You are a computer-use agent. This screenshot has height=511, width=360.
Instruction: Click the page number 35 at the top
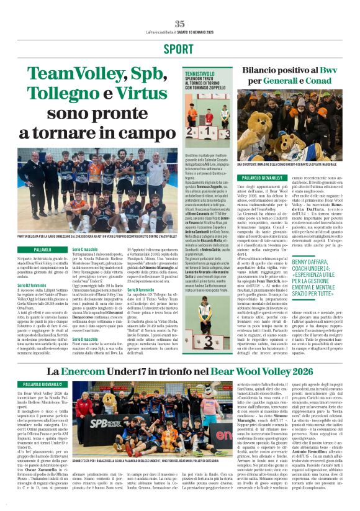pyautogui.click(x=179, y=24)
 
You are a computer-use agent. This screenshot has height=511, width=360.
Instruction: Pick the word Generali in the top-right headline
pyautogui.click(x=268, y=81)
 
